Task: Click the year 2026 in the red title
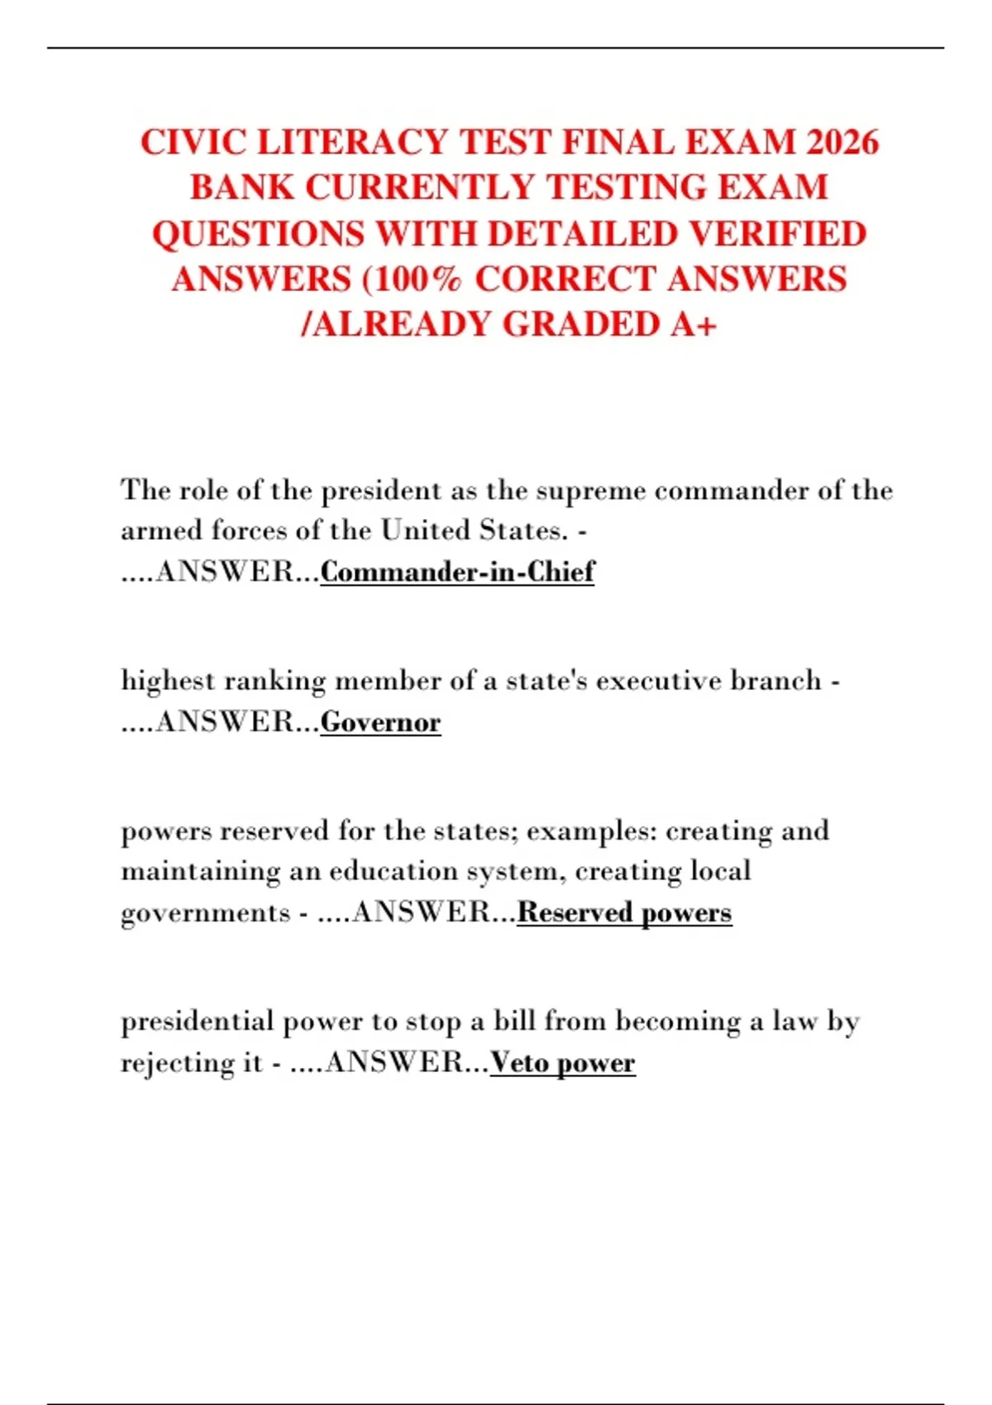coord(842,142)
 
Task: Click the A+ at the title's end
coord(693,325)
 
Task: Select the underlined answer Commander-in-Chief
coord(457,571)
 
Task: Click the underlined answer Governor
coord(380,722)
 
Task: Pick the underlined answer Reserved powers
coord(624,912)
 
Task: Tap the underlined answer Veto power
coord(562,1063)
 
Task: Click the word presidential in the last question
coord(197,1022)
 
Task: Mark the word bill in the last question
coord(514,1022)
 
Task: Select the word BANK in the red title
coord(241,188)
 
